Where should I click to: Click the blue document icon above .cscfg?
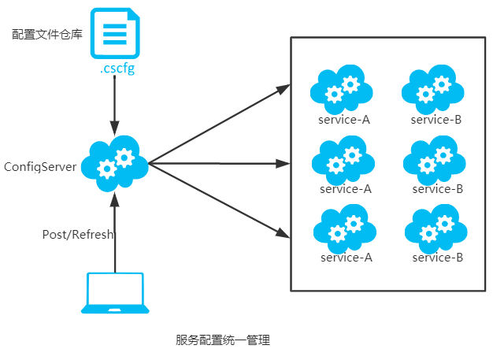[x=114, y=32]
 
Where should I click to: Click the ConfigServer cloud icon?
[x=117, y=163]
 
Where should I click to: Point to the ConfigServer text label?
[x=40, y=166]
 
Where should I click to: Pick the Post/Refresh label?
[x=78, y=235]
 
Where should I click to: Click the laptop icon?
[x=115, y=293]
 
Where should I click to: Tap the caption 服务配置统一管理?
[x=223, y=340]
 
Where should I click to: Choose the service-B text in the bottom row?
[x=437, y=258]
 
